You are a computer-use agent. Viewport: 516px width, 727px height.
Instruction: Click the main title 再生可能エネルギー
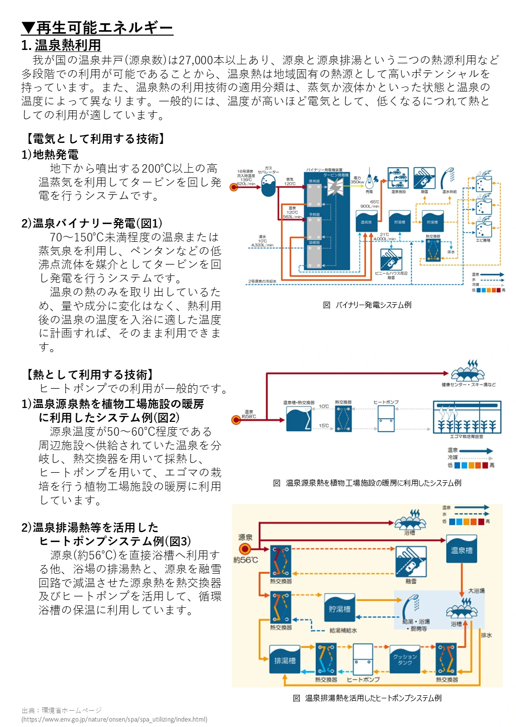97,28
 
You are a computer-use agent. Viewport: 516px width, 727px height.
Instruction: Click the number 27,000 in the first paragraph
196,60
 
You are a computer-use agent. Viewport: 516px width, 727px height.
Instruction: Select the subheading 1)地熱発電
50,155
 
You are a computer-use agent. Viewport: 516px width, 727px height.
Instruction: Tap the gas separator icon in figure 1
268,186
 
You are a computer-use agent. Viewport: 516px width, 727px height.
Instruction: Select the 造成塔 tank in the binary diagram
366,221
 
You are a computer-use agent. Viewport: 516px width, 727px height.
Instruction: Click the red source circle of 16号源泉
234,187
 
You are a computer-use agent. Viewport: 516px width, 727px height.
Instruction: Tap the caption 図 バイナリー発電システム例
367,305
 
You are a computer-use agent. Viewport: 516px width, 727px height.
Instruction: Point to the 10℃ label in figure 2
324,407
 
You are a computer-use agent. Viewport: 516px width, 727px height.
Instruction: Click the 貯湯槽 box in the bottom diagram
339,608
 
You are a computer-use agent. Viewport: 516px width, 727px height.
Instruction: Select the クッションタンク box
405,659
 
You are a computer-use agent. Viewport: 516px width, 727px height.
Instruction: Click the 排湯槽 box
284,659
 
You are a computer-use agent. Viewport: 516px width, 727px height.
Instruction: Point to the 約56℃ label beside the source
245,560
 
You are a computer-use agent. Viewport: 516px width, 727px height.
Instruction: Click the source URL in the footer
114,720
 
